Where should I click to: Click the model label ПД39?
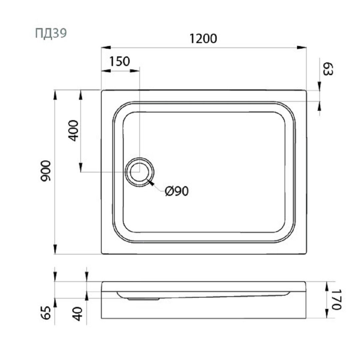coord(51,33)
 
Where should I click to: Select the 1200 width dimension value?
coord(203,38)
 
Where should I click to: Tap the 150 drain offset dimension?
coord(119,61)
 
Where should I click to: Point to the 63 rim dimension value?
coord(328,69)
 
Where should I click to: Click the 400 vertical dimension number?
coord(73,130)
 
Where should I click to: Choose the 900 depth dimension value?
coord(45,170)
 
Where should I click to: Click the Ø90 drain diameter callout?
coord(177,191)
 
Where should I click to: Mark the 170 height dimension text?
coord(336,299)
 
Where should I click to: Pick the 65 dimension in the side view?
coord(46,313)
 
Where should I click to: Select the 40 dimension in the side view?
coord(77,314)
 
